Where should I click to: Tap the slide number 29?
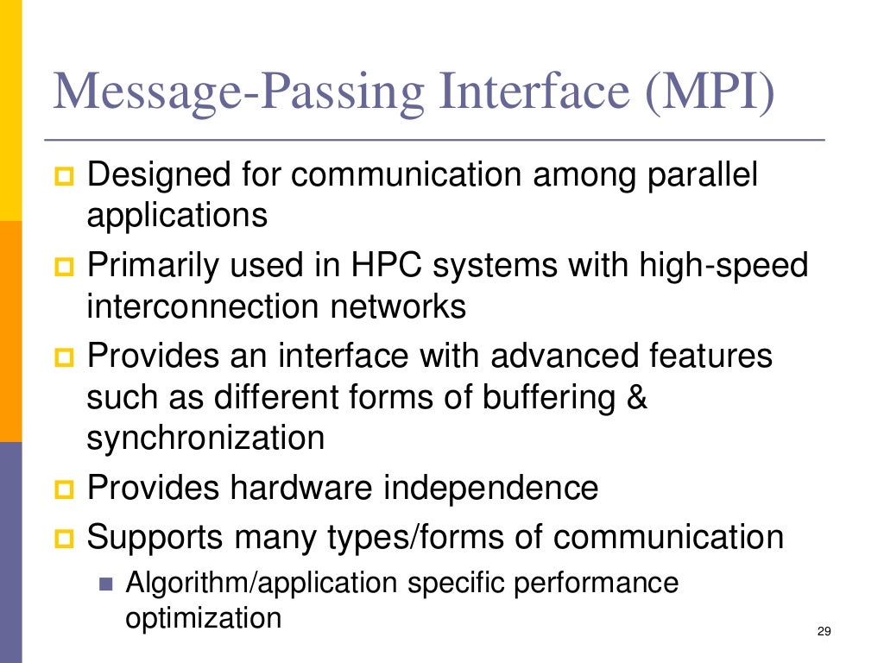coord(823,633)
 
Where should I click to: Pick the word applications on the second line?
coord(177,215)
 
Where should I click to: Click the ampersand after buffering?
coord(636,398)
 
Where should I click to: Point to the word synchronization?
coord(205,438)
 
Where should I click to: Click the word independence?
coord(490,488)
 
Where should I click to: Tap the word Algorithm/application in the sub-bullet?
coord(262,583)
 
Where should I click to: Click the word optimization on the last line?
coord(204,618)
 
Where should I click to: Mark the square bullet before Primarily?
coord(66,266)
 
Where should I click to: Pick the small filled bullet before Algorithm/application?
coord(106,584)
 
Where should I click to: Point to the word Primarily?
coord(151,265)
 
